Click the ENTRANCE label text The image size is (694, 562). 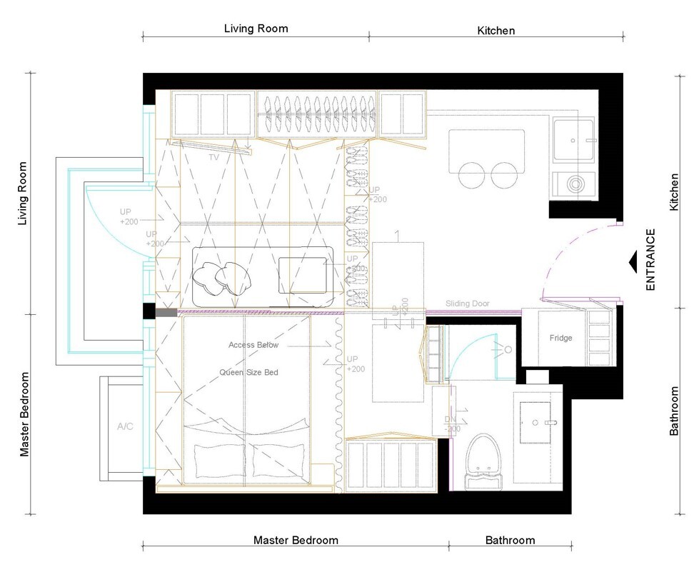tap(650, 259)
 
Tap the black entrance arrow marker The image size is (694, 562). tap(633, 262)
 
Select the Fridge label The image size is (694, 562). tap(560, 338)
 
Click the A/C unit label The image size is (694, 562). tap(125, 426)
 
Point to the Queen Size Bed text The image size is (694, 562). tap(248, 372)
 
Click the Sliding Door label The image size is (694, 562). tap(468, 303)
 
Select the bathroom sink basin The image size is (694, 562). tap(538, 423)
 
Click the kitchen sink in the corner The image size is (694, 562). tap(573, 141)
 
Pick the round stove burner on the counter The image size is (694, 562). tap(575, 184)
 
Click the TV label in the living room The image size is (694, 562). tap(213, 156)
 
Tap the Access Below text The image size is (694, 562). tap(253, 345)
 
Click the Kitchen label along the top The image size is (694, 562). tap(496, 31)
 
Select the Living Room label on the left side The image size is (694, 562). tap(23, 194)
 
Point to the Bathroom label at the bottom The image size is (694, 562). tap(510, 540)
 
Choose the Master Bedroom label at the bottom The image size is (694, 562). tap(296, 540)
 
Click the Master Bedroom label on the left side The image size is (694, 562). tap(23, 414)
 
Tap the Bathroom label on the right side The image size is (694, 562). tap(673, 411)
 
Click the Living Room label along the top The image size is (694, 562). tap(256, 29)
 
